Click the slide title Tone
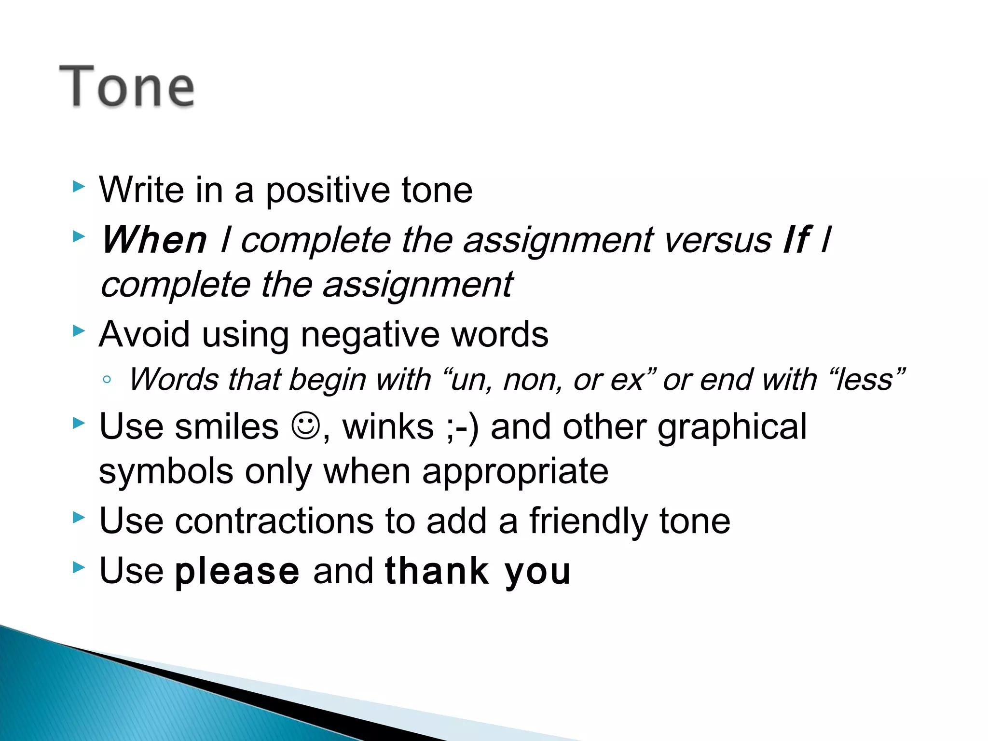pos(126,87)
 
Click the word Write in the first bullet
pos(141,190)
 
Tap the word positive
pos(328,191)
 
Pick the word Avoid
pos(144,334)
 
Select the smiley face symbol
pos(306,425)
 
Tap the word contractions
pos(274,521)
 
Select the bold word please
pos(237,571)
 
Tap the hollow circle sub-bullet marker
pos(107,380)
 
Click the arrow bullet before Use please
pos(79,567)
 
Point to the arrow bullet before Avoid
pos(79,331)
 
